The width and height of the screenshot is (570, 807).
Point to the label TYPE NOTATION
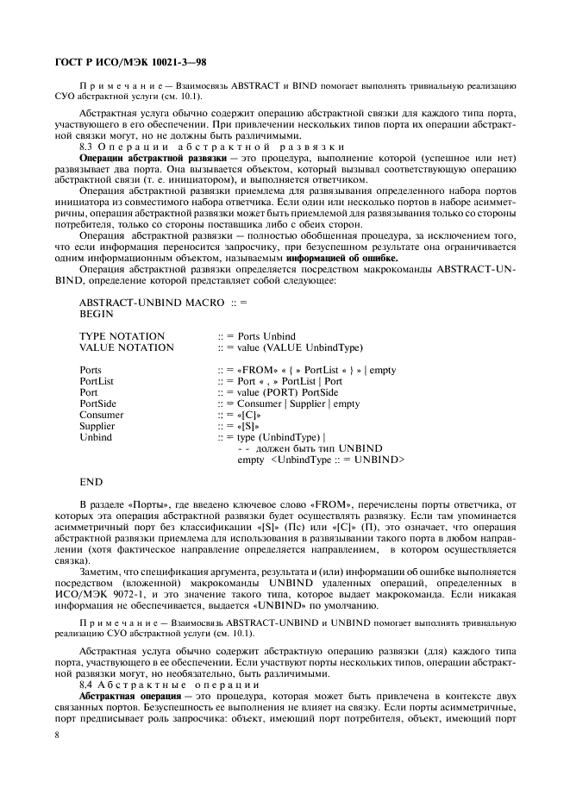pyautogui.click(x=122, y=336)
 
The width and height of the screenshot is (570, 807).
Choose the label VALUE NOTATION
pyautogui.click(x=126, y=347)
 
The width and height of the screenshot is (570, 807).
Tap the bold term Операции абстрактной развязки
pyautogui.click(x=147, y=159)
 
